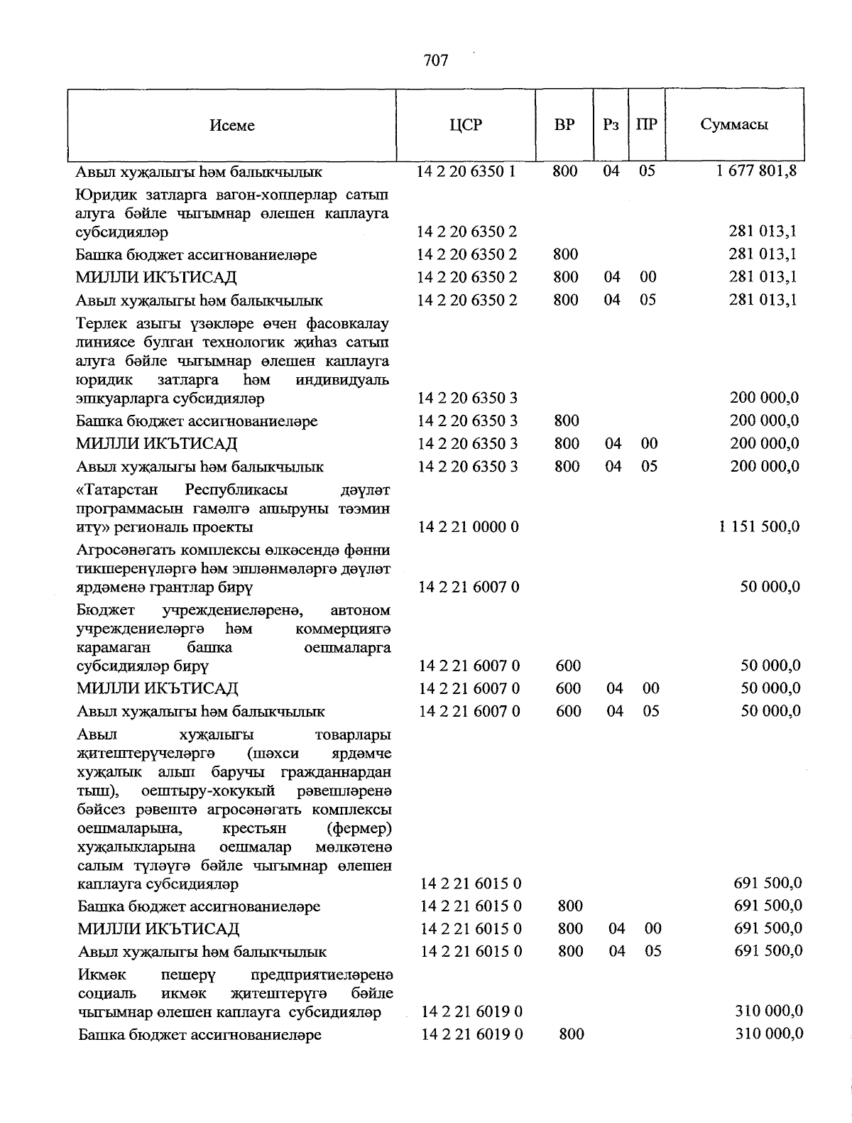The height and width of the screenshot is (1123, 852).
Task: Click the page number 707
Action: pyautogui.click(x=435, y=60)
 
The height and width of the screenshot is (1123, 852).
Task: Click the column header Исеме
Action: pyautogui.click(x=232, y=126)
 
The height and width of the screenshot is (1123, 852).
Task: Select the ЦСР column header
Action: pyautogui.click(x=466, y=125)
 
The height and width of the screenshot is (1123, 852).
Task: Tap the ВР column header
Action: pyautogui.click(x=564, y=125)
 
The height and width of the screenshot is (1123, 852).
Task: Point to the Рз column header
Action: pyautogui.click(x=611, y=125)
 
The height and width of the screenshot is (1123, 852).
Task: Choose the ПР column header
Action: pyautogui.click(x=647, y=125)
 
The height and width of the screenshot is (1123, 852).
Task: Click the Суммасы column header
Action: pyautogui.click(x=734, y=125)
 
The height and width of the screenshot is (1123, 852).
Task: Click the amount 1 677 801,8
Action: pyautogui.click(x=757, y=171)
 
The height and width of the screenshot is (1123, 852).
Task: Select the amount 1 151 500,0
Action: pyautogui.click(x=759, y=526)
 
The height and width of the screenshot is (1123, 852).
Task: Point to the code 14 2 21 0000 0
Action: pyautogui.click(x=469, y=526)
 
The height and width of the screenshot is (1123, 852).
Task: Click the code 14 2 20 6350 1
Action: pyautogui.click(x=466, y=171)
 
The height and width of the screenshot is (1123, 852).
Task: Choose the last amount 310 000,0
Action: pyautogui.click(x=769, y=1034)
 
